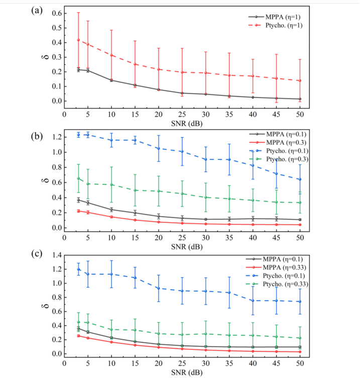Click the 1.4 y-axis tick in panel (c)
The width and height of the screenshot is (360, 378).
(56, 256)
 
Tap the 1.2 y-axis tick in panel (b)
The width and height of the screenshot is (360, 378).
(56, 137)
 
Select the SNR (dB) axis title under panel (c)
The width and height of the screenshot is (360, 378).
(187, 372)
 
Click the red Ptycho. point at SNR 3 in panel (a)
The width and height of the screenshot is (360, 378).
(78, 40)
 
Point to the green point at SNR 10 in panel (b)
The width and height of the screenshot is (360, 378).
(111, 184)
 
